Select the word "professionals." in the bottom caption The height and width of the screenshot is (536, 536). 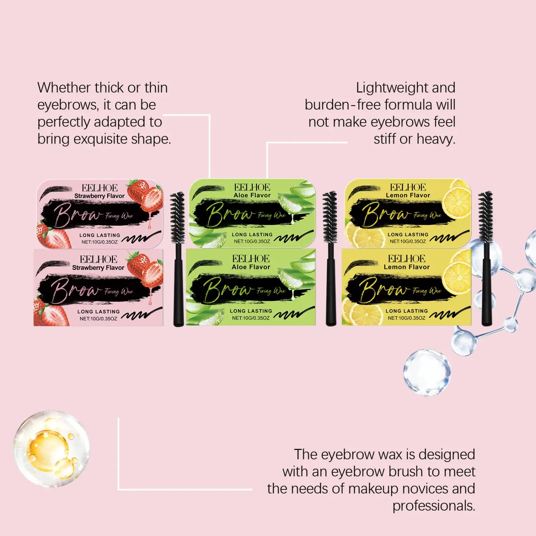pyautogui.click(x=434, y=506)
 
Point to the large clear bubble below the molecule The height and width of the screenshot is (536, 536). pyautogui.click(x=427, y=372)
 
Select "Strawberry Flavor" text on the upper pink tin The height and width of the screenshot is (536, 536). pyautogui.click(x=99, y=196)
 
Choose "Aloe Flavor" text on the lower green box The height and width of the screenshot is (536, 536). pyautogui.click(x=251, y=267)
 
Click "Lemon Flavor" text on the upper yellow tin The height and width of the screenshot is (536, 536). pyautogui.click(x=408, y=195)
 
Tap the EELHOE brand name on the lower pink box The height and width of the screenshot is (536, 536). pyautogui.click(x=98, y=259)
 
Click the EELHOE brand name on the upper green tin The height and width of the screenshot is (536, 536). pyautogui.click(x=252, y=187)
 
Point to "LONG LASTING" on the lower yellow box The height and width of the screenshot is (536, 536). pyautogui.click(x=407, y=311)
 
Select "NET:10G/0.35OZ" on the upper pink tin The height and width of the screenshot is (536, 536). pyautogui.click(x=99, y=242)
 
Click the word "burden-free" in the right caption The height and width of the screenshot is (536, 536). pyautogui.click(x=342, y=105)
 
